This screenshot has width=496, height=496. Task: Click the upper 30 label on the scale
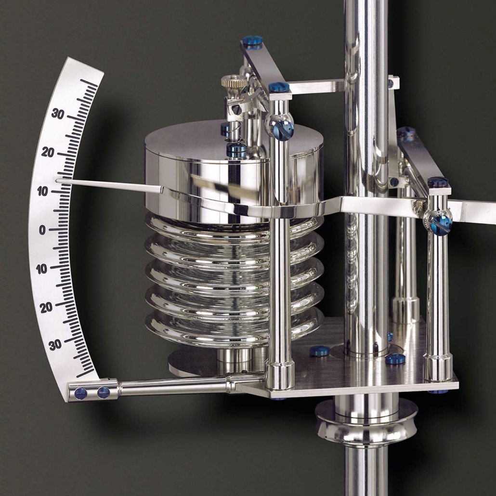tap(58, 113)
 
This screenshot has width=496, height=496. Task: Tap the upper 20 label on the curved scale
tap(48, 152)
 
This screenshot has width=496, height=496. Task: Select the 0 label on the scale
tap(42, 230)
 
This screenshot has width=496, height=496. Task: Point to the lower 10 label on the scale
tap(41, 269)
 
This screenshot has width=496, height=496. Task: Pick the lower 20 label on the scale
tap(46, 307)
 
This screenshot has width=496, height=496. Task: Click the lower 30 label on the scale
tap(55, 344)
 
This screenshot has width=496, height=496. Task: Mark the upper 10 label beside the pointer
tap(43, 191)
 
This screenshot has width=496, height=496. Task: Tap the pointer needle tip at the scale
tap(57, 181)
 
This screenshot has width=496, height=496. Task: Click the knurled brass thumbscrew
tap(234, 81)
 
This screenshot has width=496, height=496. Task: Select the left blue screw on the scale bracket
tap(81, 393)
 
